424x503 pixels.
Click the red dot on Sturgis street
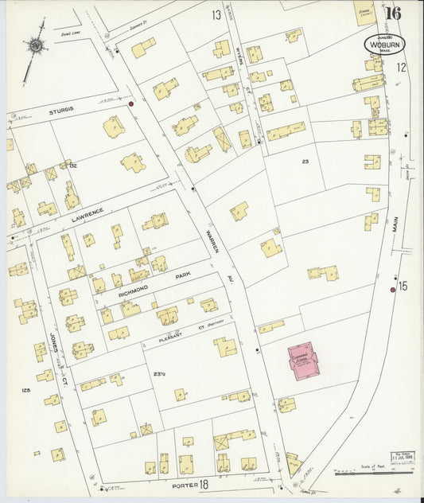[x=131, y=103]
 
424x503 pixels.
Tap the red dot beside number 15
[x=392, y=290]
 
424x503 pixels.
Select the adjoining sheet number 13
[x=216, y=15]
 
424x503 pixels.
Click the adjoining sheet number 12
[x=402, y=68]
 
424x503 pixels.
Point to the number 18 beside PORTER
[x=204, y=483]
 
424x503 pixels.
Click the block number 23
[x=305, y=162]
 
